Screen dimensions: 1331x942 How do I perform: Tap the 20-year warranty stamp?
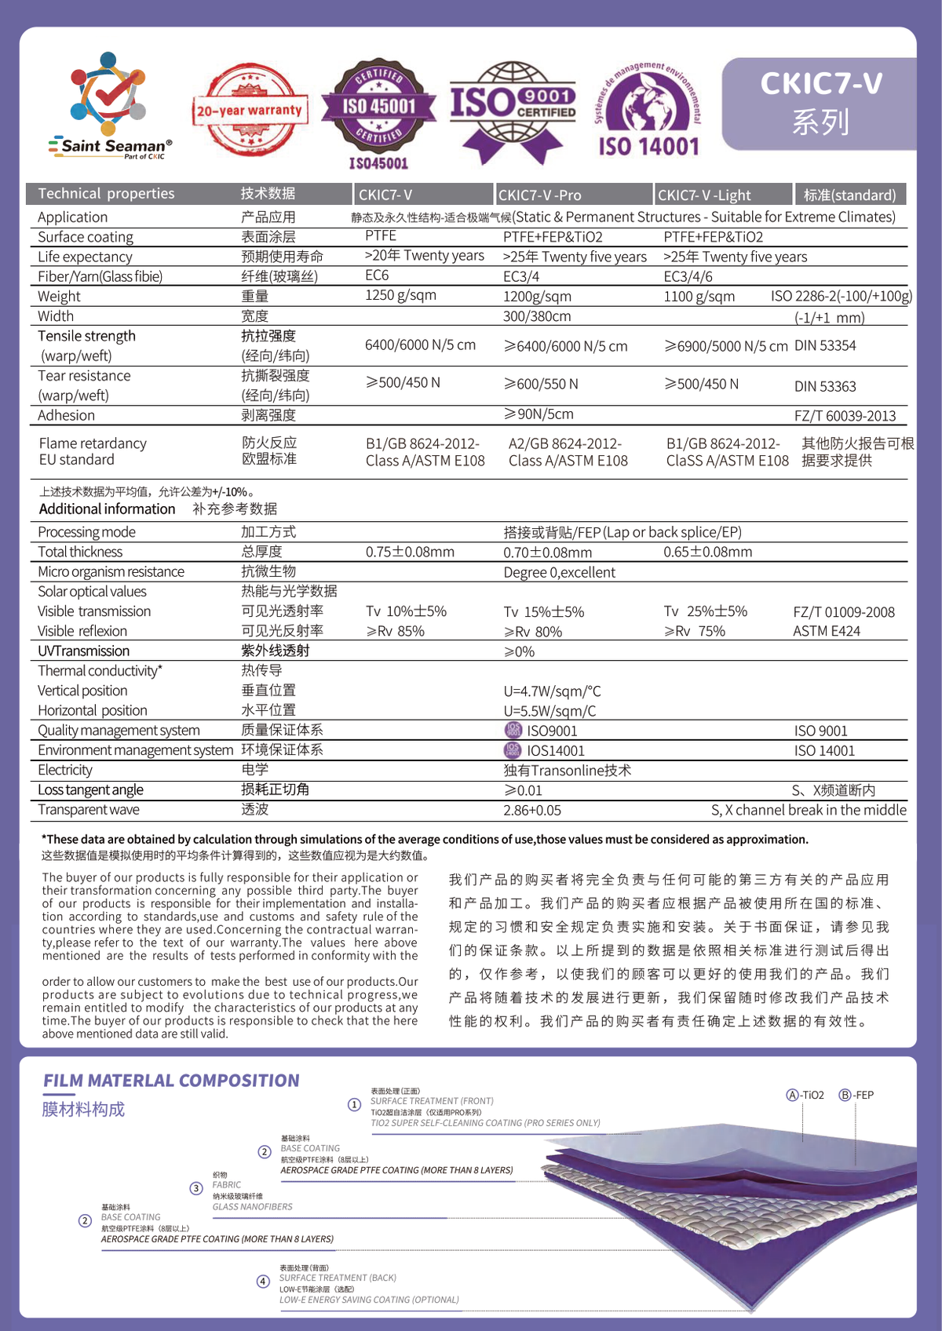coord(250,111)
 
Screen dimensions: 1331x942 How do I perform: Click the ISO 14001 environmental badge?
coord(648,110)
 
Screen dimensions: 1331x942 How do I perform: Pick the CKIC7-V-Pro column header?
coord(540,195)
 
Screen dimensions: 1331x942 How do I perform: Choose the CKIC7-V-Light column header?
coord(704,195)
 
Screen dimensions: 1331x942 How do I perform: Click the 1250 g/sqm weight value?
coord(400,295)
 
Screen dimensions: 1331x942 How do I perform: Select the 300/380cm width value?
coord(537,316)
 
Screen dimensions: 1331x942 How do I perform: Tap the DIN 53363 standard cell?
coord(825,386)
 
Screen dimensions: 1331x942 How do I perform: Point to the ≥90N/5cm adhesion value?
coord(539,414)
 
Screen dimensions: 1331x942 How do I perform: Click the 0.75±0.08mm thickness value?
coord(410,552)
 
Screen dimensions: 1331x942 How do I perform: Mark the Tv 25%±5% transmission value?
coord(705,611)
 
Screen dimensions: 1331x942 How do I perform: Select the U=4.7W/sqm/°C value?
coord(552,691)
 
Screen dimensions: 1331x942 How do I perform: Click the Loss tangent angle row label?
coord(91,789)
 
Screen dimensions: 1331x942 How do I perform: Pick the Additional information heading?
coord(108,509)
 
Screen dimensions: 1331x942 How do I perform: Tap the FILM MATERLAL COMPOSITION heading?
coord(171,1081)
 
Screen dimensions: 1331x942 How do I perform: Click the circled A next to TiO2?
coord(792,1095)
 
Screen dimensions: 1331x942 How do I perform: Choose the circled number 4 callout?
coord(264,1282)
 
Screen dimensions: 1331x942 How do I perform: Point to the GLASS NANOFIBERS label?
coord(252,1207)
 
